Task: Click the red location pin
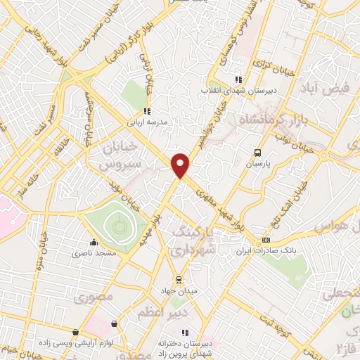coord(181,165)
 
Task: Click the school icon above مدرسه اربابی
coord(146,110)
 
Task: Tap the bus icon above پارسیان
coord(258,152)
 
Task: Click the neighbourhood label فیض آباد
coord(323,89)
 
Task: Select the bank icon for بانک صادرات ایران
coord(265,240)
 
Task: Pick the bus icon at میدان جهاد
coord(179,279)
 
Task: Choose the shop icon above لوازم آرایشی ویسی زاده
coord(76,332)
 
